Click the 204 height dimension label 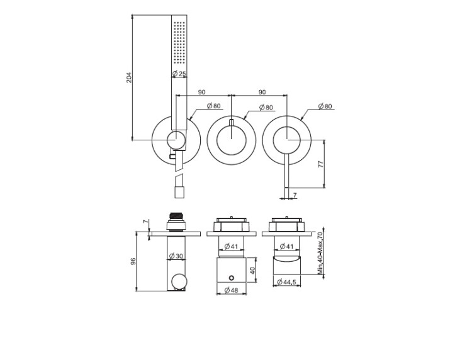click(129, 77)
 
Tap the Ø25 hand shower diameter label click(179, 74)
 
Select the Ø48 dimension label click(231, 290)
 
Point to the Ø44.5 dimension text click(286, 282)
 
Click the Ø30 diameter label click(176, 256)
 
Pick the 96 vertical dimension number click(133, 261)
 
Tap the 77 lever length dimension click(320, 164)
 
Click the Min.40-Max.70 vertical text click(320, 253)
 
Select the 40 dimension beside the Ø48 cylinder click(252, 270)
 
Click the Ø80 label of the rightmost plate click(325, 106)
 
